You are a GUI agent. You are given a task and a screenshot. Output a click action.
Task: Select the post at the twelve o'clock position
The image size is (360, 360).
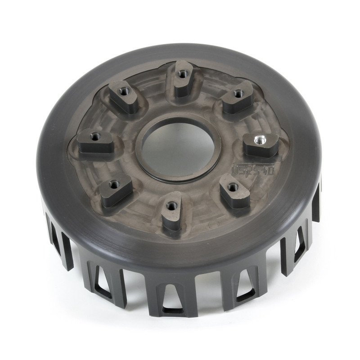182,78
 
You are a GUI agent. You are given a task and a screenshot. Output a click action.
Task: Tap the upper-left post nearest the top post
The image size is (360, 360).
124,95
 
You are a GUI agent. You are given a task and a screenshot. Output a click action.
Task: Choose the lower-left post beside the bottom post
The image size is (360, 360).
116,190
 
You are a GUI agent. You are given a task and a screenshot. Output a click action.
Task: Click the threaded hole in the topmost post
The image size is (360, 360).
182,73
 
